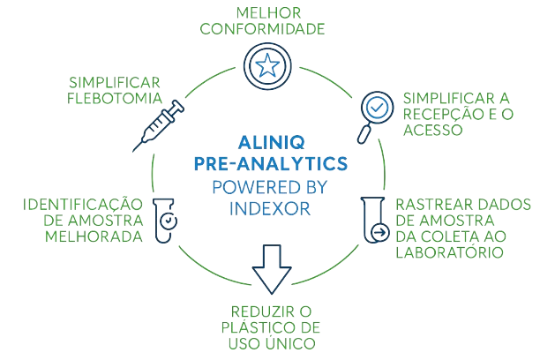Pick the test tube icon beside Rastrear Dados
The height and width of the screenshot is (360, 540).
373,221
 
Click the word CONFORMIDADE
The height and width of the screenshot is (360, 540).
264,29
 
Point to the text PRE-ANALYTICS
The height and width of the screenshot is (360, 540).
269,163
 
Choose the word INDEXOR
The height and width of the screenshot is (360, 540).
269,205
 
